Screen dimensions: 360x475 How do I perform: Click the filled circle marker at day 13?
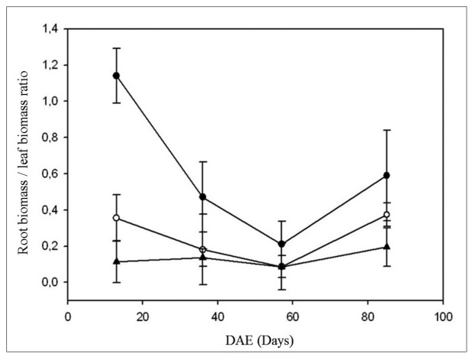tap(116, 76)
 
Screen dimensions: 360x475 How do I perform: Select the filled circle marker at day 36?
tap(202, 197)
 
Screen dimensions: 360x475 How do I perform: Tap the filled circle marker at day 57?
tap(282, 244)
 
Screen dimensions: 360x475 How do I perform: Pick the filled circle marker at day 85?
tap(386, 175)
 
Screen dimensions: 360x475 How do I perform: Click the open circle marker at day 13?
tap(116, 218)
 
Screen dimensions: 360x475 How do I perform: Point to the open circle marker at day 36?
tap(202, 249)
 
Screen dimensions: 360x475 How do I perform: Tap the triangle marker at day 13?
tap(116, 261)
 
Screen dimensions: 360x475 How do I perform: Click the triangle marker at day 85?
tap(386, 246)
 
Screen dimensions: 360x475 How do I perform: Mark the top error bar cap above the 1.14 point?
tap(116, 48)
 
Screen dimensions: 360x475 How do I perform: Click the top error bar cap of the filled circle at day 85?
tap(386, 130)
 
